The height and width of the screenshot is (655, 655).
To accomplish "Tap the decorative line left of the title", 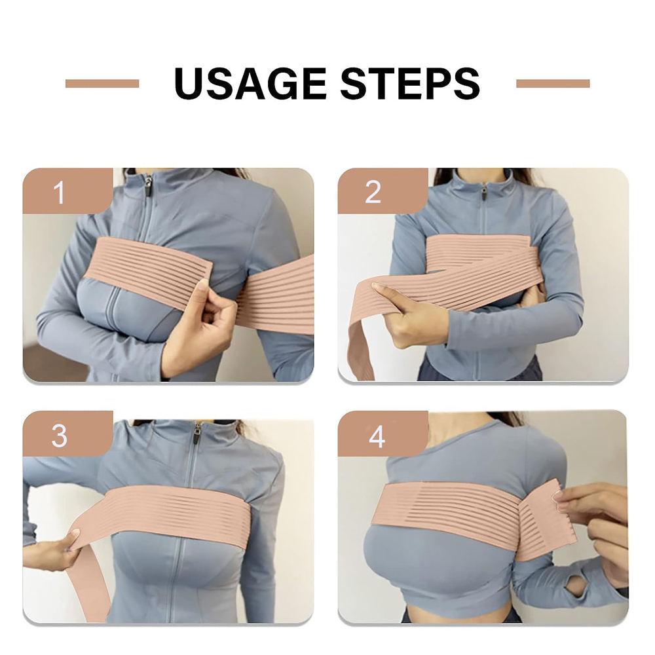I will point(102,83).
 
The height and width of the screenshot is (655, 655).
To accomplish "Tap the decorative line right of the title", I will point(553,83).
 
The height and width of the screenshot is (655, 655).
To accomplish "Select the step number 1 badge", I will point(60,192).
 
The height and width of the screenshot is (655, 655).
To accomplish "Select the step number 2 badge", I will point(373,192).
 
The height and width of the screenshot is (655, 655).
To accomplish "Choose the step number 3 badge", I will point(60,435).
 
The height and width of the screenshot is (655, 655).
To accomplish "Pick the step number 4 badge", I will point(376,435).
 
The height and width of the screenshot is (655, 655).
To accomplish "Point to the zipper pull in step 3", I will point(196,435).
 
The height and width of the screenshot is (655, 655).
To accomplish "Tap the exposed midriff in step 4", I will point(458,614).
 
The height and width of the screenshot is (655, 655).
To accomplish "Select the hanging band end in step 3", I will point(92,589).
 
